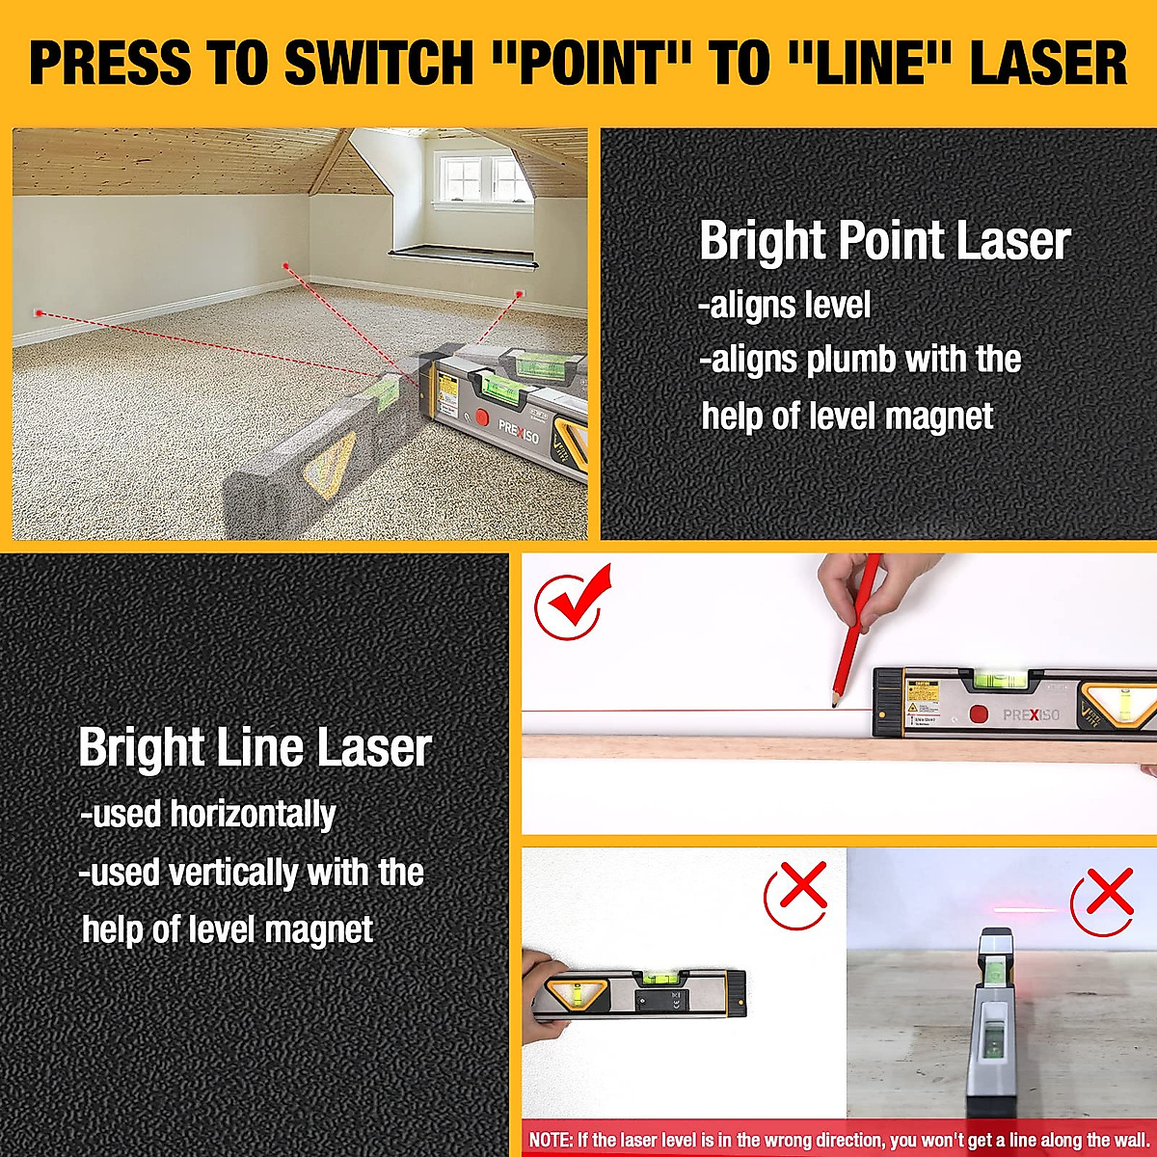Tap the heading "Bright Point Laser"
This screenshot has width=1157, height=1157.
pyautogui.click(x=884, y=241)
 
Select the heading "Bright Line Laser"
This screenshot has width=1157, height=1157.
pyautogui.click(x=255, y=748)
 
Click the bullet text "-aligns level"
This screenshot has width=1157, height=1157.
pyautogui.click(x=785, y=306)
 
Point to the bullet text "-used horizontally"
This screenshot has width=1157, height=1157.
pyautogui.click(x=207, y=815)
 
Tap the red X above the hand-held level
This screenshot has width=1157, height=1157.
pyautogui.click(x=797, y=894)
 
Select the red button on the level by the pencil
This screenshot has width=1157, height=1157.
pyautogui.click(x=979, y=714)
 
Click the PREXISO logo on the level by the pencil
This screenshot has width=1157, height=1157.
pyautogui.click(x=1031, y=715)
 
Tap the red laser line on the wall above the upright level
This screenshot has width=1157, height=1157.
pyautogui.click(x=1026, y=908)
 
